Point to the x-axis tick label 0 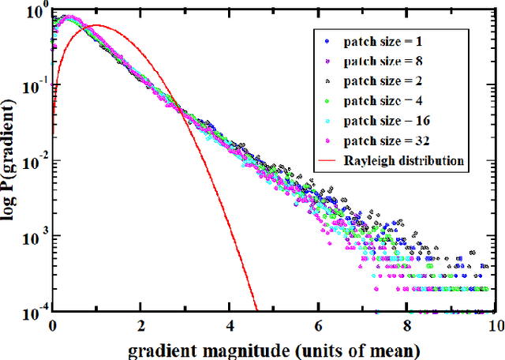tap(52, 324)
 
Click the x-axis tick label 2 tap(141, 324)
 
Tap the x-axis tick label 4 tap(230, 324)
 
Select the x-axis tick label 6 tap(318, 324)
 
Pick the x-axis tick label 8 tap(406, 324)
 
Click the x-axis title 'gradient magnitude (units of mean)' tap(273, 347)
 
